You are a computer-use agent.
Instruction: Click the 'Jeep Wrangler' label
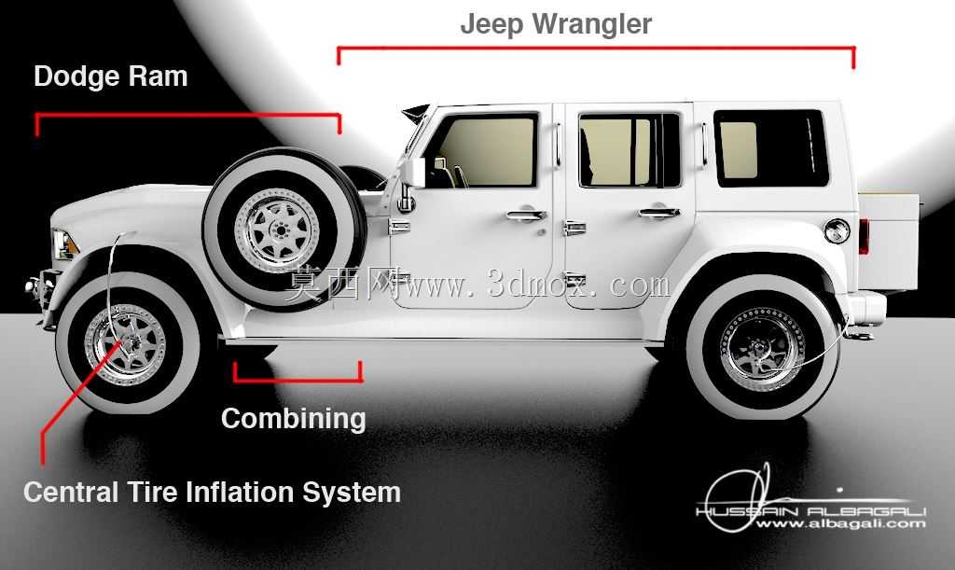[556, 24]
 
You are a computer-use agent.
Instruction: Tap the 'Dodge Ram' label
[110, 76]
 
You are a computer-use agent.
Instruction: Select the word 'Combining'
[294, 419]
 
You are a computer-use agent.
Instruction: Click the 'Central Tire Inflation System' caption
[212, 492]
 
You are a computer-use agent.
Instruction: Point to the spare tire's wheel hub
[280, 229]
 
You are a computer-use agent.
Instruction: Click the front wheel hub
[127, 343]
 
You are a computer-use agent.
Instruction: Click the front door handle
[526, 215]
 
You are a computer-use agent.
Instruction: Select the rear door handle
[659, 213]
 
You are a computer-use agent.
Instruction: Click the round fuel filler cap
[837, 231]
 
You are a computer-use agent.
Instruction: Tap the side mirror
[412, 173]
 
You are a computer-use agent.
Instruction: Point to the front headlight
[64, 244]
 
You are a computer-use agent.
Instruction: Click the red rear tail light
[864, 235]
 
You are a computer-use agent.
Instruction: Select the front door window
[485, 150]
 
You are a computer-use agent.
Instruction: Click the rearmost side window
[770, 148]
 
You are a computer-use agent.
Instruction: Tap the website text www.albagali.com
[840, 523]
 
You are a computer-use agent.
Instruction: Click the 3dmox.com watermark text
[478, 285]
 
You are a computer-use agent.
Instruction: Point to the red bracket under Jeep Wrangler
[596, 48]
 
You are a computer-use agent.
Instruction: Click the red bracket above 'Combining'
[298, 380]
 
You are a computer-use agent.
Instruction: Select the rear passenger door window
[629, 150]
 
